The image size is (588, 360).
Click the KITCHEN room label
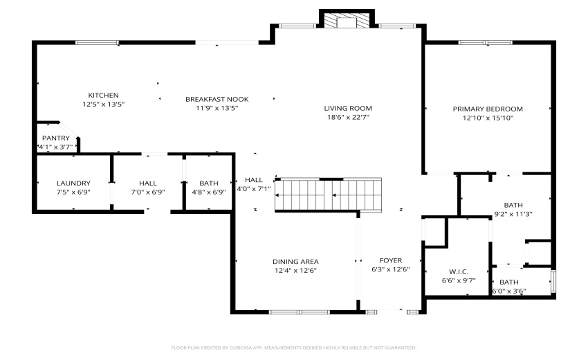point(103,95)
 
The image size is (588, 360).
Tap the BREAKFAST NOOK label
point(217,99)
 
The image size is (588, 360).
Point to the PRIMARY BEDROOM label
point(488,109)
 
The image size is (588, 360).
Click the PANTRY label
point(56,138)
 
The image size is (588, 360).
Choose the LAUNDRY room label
point(73,183)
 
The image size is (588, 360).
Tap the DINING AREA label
point(295,261)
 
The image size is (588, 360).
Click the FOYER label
point(391,260)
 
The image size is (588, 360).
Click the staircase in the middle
point(329,195)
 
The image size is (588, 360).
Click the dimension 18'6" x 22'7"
point(348,118)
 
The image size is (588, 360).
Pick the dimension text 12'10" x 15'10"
point(488,118)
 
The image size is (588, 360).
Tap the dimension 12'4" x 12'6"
point(295,271)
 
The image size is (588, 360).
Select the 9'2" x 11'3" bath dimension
point(513,214)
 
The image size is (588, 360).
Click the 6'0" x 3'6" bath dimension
point(509,291)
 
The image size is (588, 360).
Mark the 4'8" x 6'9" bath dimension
point(208,192)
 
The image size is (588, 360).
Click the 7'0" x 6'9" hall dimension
point(147,192)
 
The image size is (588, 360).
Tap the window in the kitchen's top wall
point(98,43)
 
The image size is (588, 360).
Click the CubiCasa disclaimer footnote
point(293,348)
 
